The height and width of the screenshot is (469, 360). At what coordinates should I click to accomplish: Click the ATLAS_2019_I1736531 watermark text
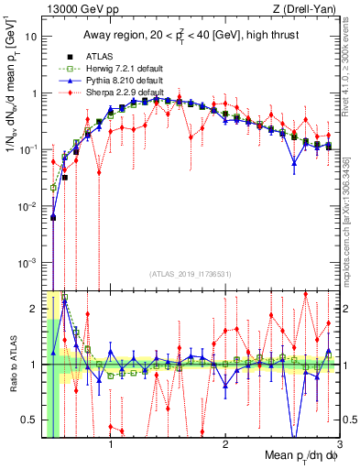(x=189, y=274)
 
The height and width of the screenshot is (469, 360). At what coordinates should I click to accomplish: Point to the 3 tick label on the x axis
(x=340, y=445)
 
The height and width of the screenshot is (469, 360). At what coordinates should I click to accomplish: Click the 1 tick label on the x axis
(x=111, y=445)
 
